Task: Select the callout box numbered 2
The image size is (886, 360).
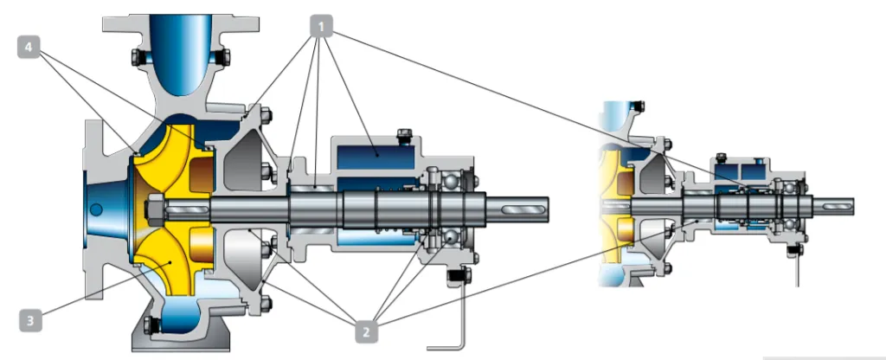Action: pyautogui.click(x=366, y=332)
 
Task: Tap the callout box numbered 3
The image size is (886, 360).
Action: pyautogui.click(x=30, y=322)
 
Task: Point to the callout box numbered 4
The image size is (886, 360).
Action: pyautogui.click(x=29, y=48)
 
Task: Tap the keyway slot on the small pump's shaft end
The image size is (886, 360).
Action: pyautogui.click(x=837, y=205)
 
